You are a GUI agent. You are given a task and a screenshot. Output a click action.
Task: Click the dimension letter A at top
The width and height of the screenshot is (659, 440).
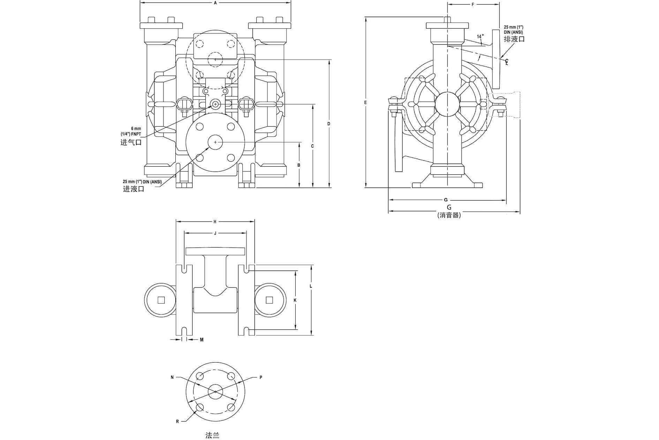tap(215, 3)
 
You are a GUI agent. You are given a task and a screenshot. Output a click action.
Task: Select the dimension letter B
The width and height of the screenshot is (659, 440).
tap(299, 165)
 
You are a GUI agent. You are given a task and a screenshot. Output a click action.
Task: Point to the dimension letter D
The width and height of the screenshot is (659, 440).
tap(329, 124)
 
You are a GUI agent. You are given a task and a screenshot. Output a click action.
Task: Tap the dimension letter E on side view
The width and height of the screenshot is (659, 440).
tap(365, 102)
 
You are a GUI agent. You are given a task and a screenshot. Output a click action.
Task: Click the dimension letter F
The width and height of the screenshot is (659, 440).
tap(473, 5)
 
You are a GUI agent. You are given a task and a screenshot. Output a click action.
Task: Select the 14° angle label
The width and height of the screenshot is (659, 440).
tap(480, 36)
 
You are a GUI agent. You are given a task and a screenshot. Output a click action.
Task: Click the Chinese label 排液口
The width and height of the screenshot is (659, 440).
tap(514, 39)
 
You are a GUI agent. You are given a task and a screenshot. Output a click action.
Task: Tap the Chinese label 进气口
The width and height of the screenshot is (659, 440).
tap(131, 142)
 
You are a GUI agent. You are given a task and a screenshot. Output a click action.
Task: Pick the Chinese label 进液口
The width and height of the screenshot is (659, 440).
tap(134, 189)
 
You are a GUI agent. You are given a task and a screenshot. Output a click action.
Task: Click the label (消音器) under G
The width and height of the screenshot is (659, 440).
tap(449, 215)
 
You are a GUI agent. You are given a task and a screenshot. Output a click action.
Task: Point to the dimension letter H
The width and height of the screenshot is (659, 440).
tap(215, 221)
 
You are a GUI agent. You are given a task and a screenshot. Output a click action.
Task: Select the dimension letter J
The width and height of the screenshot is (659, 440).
tap(215, 233)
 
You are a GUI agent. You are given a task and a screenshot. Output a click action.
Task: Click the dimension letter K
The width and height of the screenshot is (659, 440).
tap(295, 300)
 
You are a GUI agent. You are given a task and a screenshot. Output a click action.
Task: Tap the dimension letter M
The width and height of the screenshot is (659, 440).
tap(202, 340)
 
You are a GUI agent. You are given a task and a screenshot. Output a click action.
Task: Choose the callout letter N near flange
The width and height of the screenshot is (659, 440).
tap(172, 377)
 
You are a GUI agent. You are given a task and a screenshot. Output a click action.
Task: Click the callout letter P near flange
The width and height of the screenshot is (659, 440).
tap(261, 377)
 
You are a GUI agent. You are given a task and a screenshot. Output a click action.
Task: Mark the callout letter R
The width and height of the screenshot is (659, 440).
tap(177, 422)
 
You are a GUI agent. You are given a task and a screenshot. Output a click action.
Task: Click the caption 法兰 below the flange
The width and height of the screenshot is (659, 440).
tap(212, 435)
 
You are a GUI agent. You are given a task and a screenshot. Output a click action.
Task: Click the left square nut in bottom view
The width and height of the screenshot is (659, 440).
tap(161, 300)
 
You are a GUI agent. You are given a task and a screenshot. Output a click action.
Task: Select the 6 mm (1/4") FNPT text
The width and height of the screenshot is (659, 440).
tap(136, 131)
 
